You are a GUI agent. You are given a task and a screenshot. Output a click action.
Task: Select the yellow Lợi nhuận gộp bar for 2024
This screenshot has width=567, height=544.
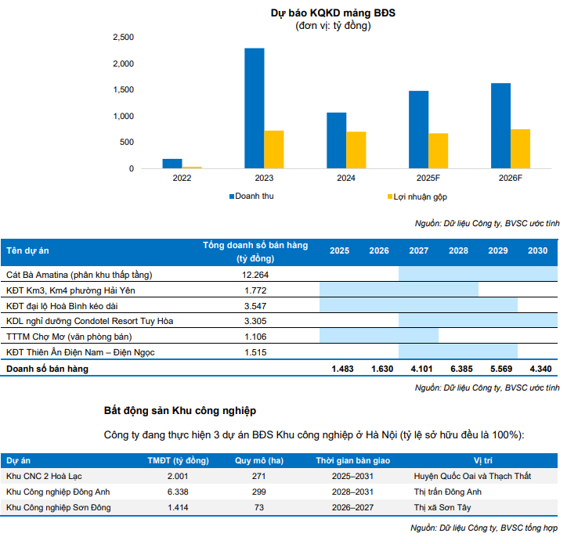[x=356, y=150]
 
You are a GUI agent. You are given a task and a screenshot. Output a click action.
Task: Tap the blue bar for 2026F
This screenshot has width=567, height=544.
[x=501, y=125]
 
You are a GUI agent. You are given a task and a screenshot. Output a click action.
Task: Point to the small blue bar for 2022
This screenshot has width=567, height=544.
[x=172, y=164]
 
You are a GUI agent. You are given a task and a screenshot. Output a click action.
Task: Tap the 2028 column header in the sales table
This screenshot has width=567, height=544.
[x=458, y=250]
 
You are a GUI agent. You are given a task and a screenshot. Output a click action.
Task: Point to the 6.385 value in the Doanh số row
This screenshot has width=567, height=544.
[x=458, y=369]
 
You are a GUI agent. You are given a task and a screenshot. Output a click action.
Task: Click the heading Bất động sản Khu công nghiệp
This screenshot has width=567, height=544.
[x=179, y=410]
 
